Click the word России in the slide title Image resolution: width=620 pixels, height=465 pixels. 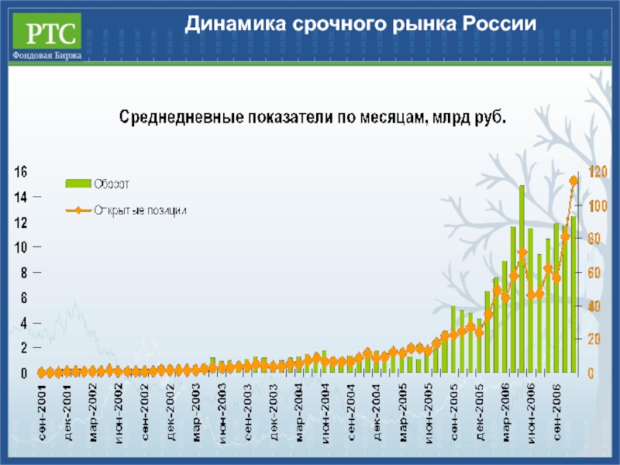click(x=498, y=25)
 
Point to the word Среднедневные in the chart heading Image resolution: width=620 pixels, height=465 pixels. click(x=183, y=118)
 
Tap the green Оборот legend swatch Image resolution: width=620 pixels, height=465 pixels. click(x=77, y=184)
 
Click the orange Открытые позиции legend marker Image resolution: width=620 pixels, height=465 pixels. click(x=77, y=209)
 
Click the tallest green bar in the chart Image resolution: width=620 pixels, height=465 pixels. click(x=522, y=279)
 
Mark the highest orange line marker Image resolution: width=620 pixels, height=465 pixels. click(x=574, y=181)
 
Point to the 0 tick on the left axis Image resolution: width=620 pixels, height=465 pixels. click(x=23, y=374)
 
